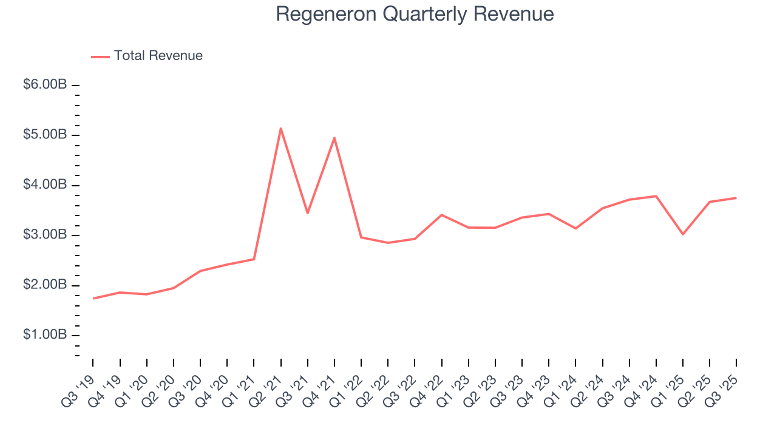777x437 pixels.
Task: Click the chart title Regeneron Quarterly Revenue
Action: click(415, 14)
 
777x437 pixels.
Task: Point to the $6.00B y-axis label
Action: click(45, 85)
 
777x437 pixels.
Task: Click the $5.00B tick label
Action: click(45, 135)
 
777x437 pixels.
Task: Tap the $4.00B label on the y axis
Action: click(45, 185)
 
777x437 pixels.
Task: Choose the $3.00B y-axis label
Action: click(45, 235)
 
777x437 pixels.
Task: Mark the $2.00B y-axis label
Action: click(45, 285)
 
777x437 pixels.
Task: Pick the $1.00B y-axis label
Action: click(45, 335)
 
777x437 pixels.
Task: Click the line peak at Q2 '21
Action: click(280, 128)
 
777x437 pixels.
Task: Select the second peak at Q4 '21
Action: click(334, 138)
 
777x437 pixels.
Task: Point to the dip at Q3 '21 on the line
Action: click(307, 213)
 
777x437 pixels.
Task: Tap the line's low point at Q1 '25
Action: click(683, 234)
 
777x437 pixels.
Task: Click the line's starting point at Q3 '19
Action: click(93, 298)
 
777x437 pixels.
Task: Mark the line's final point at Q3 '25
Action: click(736, 198)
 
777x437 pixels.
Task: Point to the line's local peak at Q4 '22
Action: click(441, 215)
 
